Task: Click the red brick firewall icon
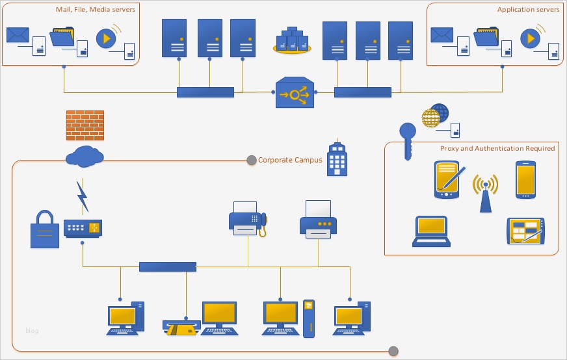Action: (x=85, y=125)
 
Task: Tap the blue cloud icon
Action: (x=85, y=157)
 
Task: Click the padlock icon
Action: (x=45, y=229)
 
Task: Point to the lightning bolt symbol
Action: (x=83, y=196)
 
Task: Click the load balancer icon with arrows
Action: (x=295, y=94)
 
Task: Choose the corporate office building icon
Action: (x=336, y=158)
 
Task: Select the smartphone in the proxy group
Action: (x=525, y=179)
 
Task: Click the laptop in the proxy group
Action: (x=431, y=231)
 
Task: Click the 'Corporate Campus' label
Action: (x=290, y=160)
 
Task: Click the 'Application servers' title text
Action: (x=528, y=10)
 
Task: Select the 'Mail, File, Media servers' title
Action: (x=96, y=10)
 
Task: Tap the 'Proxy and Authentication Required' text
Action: (x=497, y=148)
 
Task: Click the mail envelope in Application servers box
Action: (x=442, y=34)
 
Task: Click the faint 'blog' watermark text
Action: (x=32, y=331)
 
